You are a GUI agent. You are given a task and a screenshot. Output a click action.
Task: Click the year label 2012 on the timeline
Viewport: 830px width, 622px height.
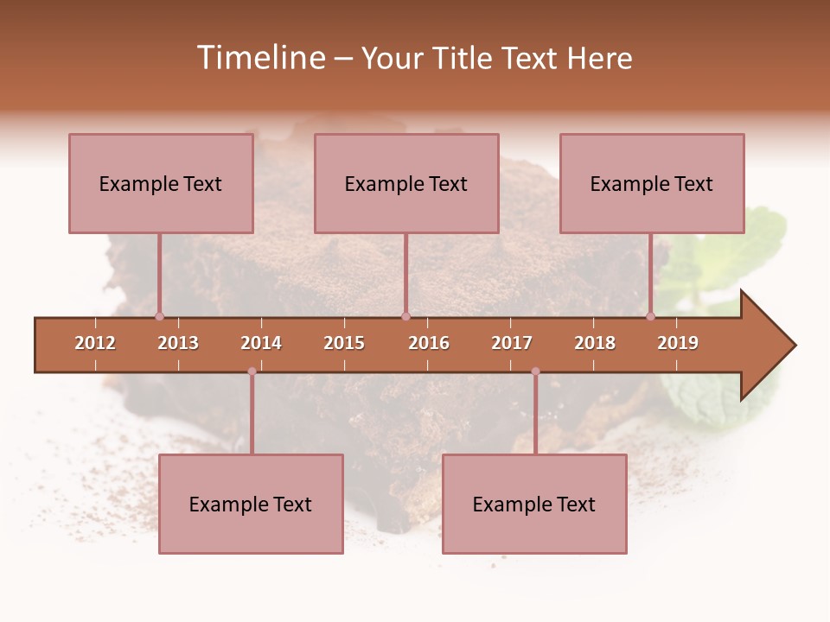pyautogui.click(x=95, y=343)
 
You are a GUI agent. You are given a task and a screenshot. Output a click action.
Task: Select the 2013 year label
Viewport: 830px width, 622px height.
pyautogui.click(x=178, y=343)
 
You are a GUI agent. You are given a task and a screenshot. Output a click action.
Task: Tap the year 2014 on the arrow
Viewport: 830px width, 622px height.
pyautogui.click(x=261, y=343)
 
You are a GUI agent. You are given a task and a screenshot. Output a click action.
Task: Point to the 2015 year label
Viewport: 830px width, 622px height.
pyautogui.click(x=344, y=343)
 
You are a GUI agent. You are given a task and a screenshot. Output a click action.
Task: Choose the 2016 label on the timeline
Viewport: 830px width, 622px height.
pyautogui.click(x=429, y=343)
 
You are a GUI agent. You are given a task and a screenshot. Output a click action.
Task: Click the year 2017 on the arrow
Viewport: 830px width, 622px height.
pyautogui.click(x=512, y=343)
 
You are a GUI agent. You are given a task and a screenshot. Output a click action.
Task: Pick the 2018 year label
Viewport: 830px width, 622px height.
pyautogui.click(x=595, y=343)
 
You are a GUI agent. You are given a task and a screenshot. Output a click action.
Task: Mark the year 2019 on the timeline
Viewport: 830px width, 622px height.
pyautogui.click(x=678, y=343)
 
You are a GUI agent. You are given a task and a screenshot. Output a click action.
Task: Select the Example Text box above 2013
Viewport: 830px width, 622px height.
pyautogui.click(x=161, y=183)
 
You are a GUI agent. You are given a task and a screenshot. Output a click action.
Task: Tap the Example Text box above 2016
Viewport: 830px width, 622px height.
pyautogui.click(x=406, y=183)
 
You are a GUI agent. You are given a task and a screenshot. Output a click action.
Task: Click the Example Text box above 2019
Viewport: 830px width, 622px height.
pyautogui.click(x=652, y=183)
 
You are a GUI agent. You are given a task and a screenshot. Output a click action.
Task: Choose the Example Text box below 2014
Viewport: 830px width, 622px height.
pyautogui.click(x=251, y=504)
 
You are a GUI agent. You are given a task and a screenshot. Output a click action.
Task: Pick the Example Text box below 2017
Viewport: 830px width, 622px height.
pyautogui.click(x=534, y=504)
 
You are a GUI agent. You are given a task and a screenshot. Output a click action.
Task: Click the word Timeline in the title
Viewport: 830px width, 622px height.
pyautogui.click(x=260, y=58)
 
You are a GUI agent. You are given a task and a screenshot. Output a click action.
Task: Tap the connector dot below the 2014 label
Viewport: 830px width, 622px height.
pyautogui.click(x=252, y=371)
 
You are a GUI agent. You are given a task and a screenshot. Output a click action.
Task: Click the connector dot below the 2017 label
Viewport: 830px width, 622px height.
pyautogui.click(x=535, y=371)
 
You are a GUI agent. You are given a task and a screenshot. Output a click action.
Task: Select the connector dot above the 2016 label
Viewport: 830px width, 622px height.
pyautogui.click(x=405, y=316)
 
